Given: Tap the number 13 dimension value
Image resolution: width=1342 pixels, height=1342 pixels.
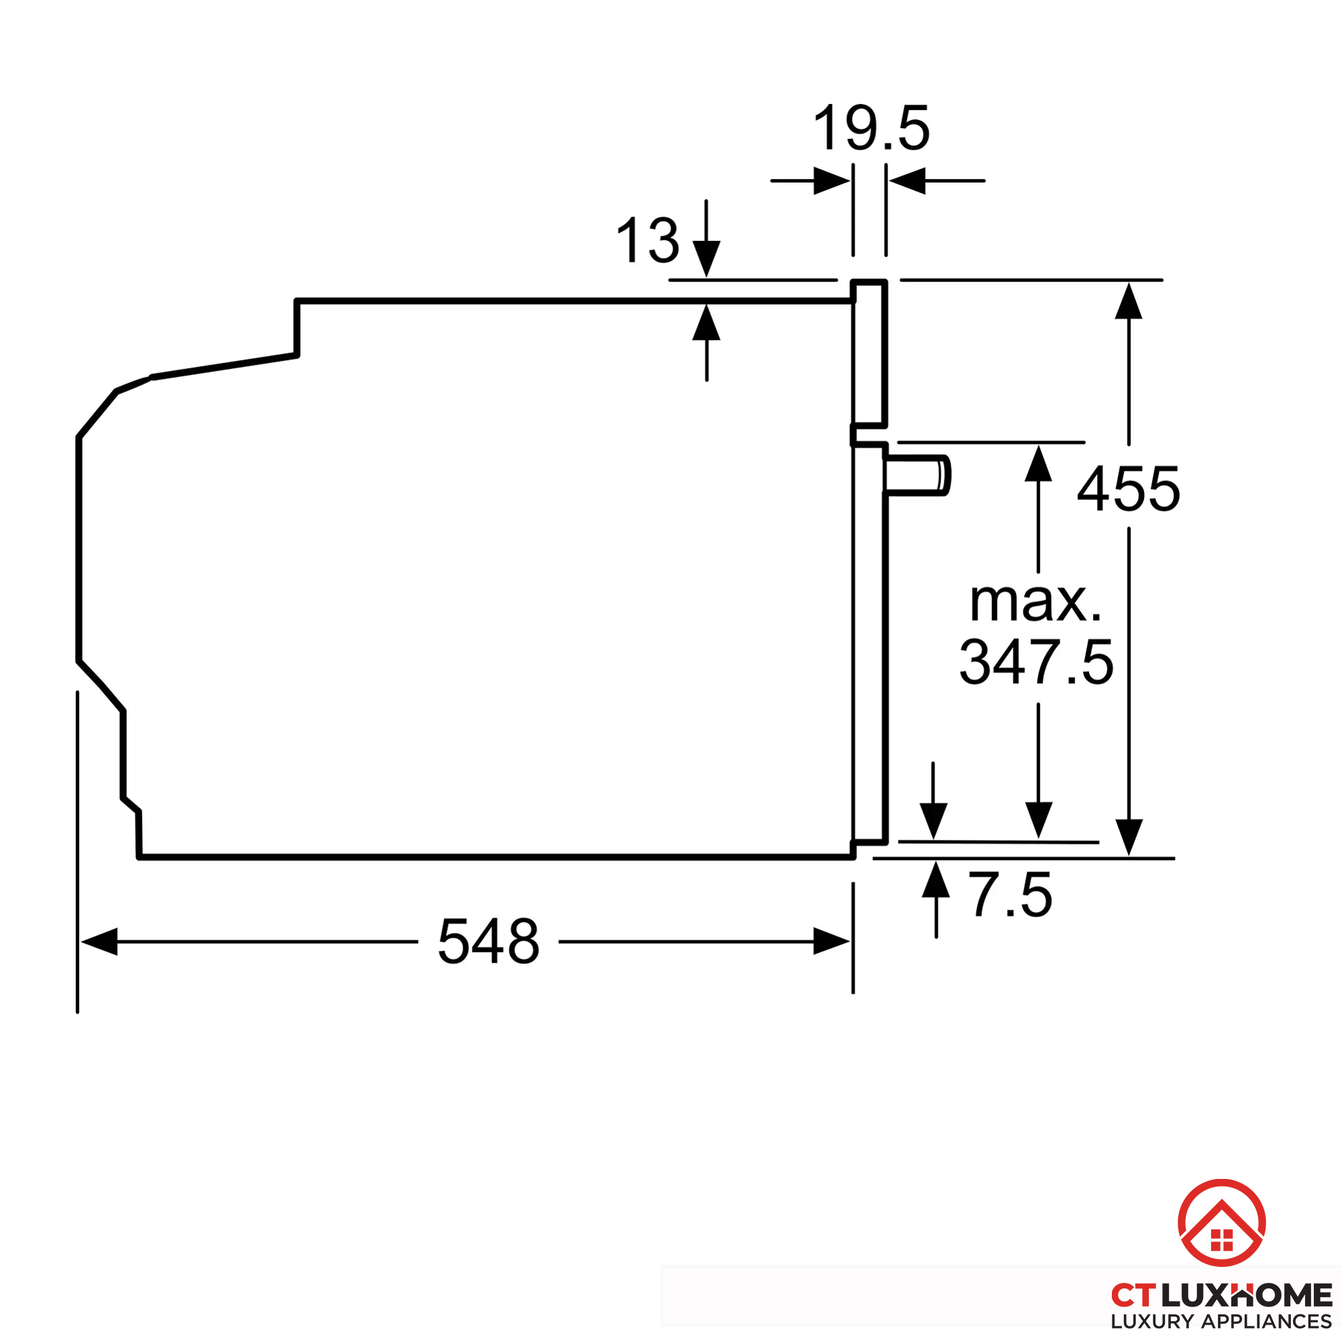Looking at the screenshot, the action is click(x=648, y=240).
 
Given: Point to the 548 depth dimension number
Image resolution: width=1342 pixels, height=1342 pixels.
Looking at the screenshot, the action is click(x=488, y=941).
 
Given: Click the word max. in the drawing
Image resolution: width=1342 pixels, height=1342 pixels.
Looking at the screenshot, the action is click(x=1035, y=601).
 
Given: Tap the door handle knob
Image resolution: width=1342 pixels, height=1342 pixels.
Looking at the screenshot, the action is click(x=917, y=476).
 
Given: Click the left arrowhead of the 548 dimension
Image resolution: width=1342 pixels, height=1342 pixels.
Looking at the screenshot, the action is click(x=99, y=941).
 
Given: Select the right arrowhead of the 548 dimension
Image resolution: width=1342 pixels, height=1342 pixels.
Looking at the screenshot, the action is click(x=831, y=941).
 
